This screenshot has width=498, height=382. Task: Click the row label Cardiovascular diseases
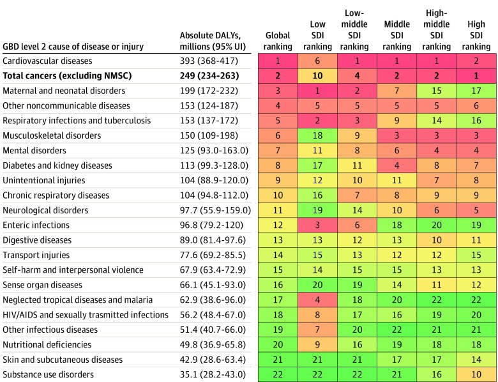(47, 61)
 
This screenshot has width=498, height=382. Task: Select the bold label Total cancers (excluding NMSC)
(67, 75)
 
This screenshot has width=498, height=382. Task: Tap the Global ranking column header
(278, 41)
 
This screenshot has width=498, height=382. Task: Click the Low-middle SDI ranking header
(354, 30)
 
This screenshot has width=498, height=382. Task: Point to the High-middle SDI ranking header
(436, 30)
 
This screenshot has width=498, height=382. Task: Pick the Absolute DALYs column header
(213, 41)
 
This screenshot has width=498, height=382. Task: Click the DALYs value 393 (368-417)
(209, 61)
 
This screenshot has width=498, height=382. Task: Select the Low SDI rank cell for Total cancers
(317, 75)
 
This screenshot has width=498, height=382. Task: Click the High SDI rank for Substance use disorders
(476, 374)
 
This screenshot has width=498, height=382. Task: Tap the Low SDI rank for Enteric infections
(317, 225)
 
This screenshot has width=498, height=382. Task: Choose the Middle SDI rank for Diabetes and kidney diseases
(396, 165)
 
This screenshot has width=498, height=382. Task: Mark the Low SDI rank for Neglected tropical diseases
(317, 300)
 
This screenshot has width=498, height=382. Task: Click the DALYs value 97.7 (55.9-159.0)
(215, 210)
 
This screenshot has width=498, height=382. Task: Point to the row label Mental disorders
(34, 150)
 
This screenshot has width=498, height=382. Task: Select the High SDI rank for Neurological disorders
(476, 210)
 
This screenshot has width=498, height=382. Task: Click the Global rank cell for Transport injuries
(278, 255)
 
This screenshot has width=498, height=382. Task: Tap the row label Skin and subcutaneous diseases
(63, 360)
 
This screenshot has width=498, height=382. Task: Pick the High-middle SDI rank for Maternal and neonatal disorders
(436, 91)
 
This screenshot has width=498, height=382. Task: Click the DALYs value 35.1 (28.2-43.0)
(213, 374)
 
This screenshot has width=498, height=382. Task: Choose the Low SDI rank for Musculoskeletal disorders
(317, 135)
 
